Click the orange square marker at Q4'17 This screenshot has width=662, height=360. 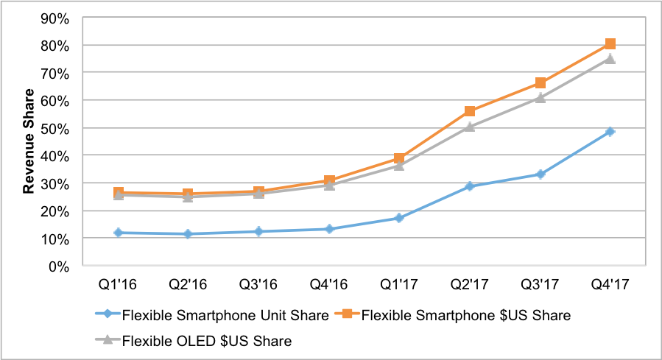point(610,44)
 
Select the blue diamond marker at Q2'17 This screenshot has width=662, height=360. point(469,186)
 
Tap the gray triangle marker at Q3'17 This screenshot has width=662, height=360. point(540,97)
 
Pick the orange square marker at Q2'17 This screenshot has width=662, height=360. point(469,111)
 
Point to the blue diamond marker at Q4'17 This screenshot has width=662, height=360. point(610,132)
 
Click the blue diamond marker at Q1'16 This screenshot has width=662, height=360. point(118,233)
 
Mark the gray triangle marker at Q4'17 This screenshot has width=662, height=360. point(610,59)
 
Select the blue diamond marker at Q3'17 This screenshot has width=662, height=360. point(540,174)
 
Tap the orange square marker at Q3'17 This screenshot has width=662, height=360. point(540,83)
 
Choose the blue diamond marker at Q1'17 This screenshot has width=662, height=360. point(399,218)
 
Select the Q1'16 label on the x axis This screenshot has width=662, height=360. point(118,283)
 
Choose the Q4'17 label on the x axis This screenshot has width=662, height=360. point(610,283)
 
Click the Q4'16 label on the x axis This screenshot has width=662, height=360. point(328,283)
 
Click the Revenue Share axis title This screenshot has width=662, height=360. point(29,142)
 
